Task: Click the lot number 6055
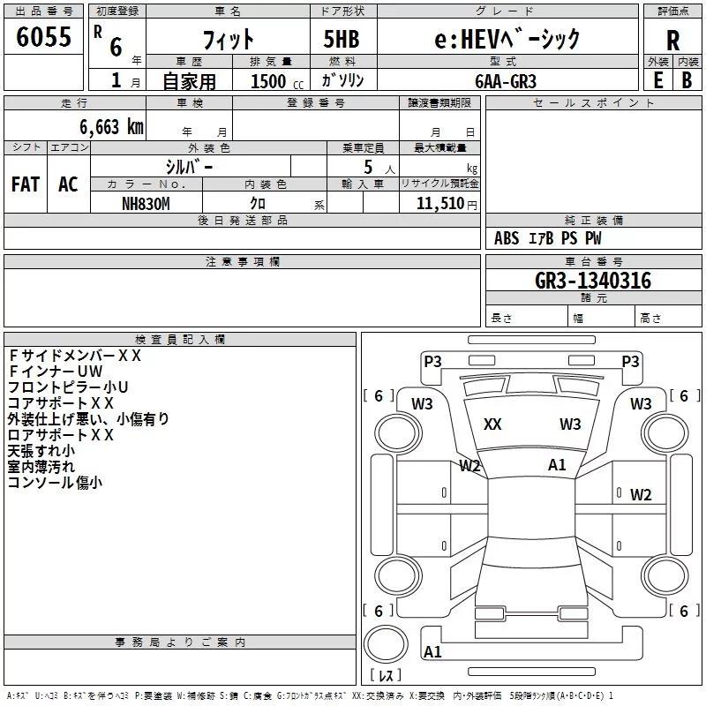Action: click(x=43, y=37)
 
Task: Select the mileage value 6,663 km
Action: click(x=112, y=127)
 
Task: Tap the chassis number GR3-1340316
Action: click(x=593, y=281)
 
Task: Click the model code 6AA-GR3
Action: click(x=506, y=81)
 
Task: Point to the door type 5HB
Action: click(x=342, y=39)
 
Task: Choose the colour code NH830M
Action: click(x=146, y=204)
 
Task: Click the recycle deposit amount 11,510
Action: click(x=439, y=204)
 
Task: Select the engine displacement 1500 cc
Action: click(x=277, y=81)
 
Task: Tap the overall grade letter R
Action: click(x=672, y=41)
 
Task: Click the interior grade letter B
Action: click(x=687, y=80)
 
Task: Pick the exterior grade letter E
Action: click(x=658, y=80)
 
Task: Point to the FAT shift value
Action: click(x=26, y=184)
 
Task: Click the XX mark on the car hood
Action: click(x=492, y=424)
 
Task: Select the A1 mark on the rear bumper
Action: click(x=432, y=651)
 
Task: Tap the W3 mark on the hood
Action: click(x=570, y=424)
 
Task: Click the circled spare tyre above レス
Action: click(x=386, y=644)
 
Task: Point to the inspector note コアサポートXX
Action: click(x=60, y=403)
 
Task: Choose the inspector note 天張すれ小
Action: click(x=41, y=451)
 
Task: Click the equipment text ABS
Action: click(x=507, y=238)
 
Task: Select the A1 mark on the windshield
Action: click(x=557, y=465)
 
